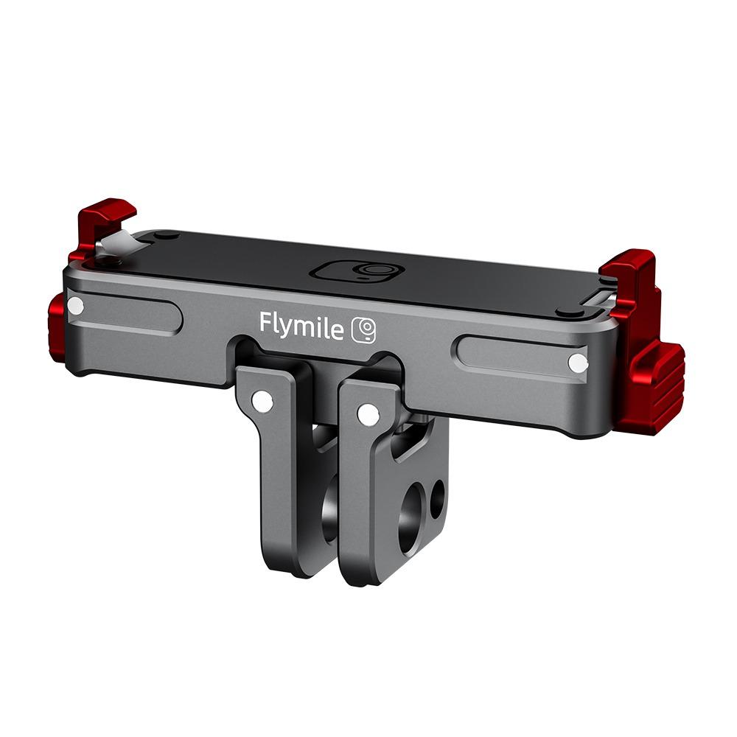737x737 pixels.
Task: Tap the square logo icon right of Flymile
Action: click(x=363, y=329)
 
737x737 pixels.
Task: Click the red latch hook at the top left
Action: click(x=107, y=217)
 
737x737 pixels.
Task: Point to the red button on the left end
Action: click(x=57, y=327)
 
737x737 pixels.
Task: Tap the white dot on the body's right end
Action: click(x=579, y=363)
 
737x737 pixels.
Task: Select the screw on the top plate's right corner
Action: click(x=568, y=312)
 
